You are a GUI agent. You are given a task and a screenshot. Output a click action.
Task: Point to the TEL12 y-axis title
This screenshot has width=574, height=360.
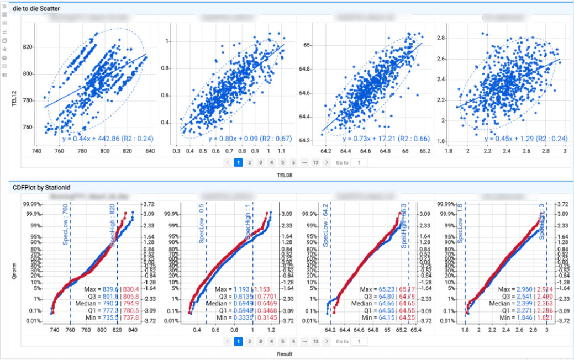point(15,88)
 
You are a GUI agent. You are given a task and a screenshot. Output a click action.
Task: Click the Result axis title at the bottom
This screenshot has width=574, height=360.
point(285,354)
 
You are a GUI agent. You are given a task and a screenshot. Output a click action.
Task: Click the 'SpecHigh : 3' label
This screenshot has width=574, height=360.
point(542,221)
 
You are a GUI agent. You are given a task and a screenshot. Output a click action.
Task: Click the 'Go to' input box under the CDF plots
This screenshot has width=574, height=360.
point(359,341)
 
